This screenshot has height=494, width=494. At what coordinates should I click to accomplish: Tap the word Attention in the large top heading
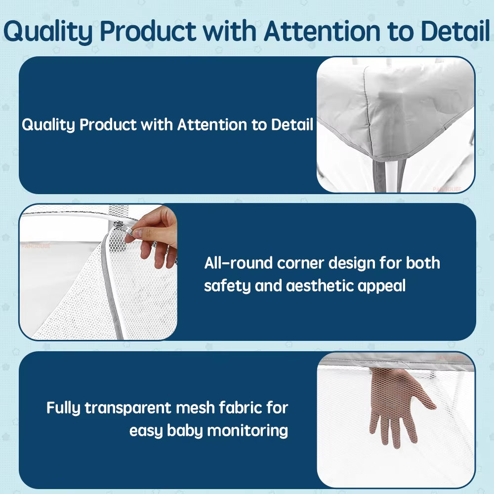click(x=323, y=31)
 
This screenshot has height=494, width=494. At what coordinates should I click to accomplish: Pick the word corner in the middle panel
click(x=300, y=263)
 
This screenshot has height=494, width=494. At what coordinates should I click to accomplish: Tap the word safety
click(x=227, y=286)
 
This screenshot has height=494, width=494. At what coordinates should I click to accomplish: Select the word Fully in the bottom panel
click(x=64, y=409)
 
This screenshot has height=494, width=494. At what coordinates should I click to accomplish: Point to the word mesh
click(x=195, y=408)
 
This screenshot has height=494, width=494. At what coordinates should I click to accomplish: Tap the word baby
click(x=185, y=431)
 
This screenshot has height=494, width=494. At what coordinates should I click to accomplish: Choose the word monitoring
click(x=247, y=431)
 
